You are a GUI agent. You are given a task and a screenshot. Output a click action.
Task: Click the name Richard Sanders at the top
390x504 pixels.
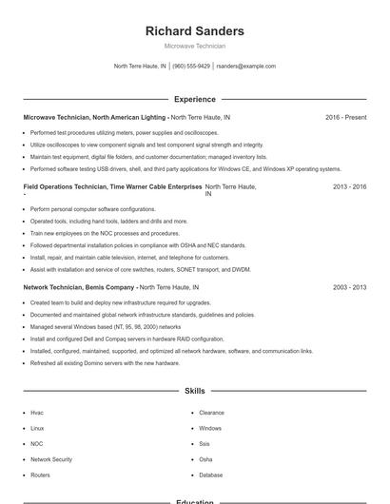pos(194,31)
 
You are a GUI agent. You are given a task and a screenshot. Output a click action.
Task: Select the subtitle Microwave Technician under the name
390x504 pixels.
pos(194,46)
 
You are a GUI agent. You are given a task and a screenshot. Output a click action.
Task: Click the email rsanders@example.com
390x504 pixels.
pos(245,67)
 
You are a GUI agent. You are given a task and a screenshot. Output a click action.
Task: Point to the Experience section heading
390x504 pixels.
pos(194,99)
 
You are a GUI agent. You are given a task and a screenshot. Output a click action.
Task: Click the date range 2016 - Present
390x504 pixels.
pos(345,118)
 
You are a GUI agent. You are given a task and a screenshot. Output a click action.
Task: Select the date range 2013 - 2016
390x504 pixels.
pos(349,187)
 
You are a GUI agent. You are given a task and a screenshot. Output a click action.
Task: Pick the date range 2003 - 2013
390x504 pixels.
pos(349,286)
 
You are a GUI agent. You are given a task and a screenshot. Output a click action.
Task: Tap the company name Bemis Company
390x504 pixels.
pos(107,286)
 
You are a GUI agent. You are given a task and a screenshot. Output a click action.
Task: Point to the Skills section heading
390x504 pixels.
pos(194,391)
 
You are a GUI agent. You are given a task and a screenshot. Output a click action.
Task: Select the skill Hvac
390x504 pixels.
pos(37,413)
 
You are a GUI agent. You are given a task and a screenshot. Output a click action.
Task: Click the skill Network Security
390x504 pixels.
pos(50,459)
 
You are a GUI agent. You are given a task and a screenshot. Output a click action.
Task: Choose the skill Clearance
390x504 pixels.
pos(211,413)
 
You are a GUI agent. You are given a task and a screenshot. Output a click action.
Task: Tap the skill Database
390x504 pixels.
pos(211,475)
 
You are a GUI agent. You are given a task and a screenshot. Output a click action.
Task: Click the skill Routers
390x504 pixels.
pos(40,475)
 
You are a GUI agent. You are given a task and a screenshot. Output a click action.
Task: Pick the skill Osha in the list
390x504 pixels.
pos(205,459)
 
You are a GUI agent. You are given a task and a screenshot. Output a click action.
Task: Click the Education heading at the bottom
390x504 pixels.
pos(194,501)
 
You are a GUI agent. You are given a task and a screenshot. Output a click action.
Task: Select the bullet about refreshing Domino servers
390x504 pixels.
pos(105,362)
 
